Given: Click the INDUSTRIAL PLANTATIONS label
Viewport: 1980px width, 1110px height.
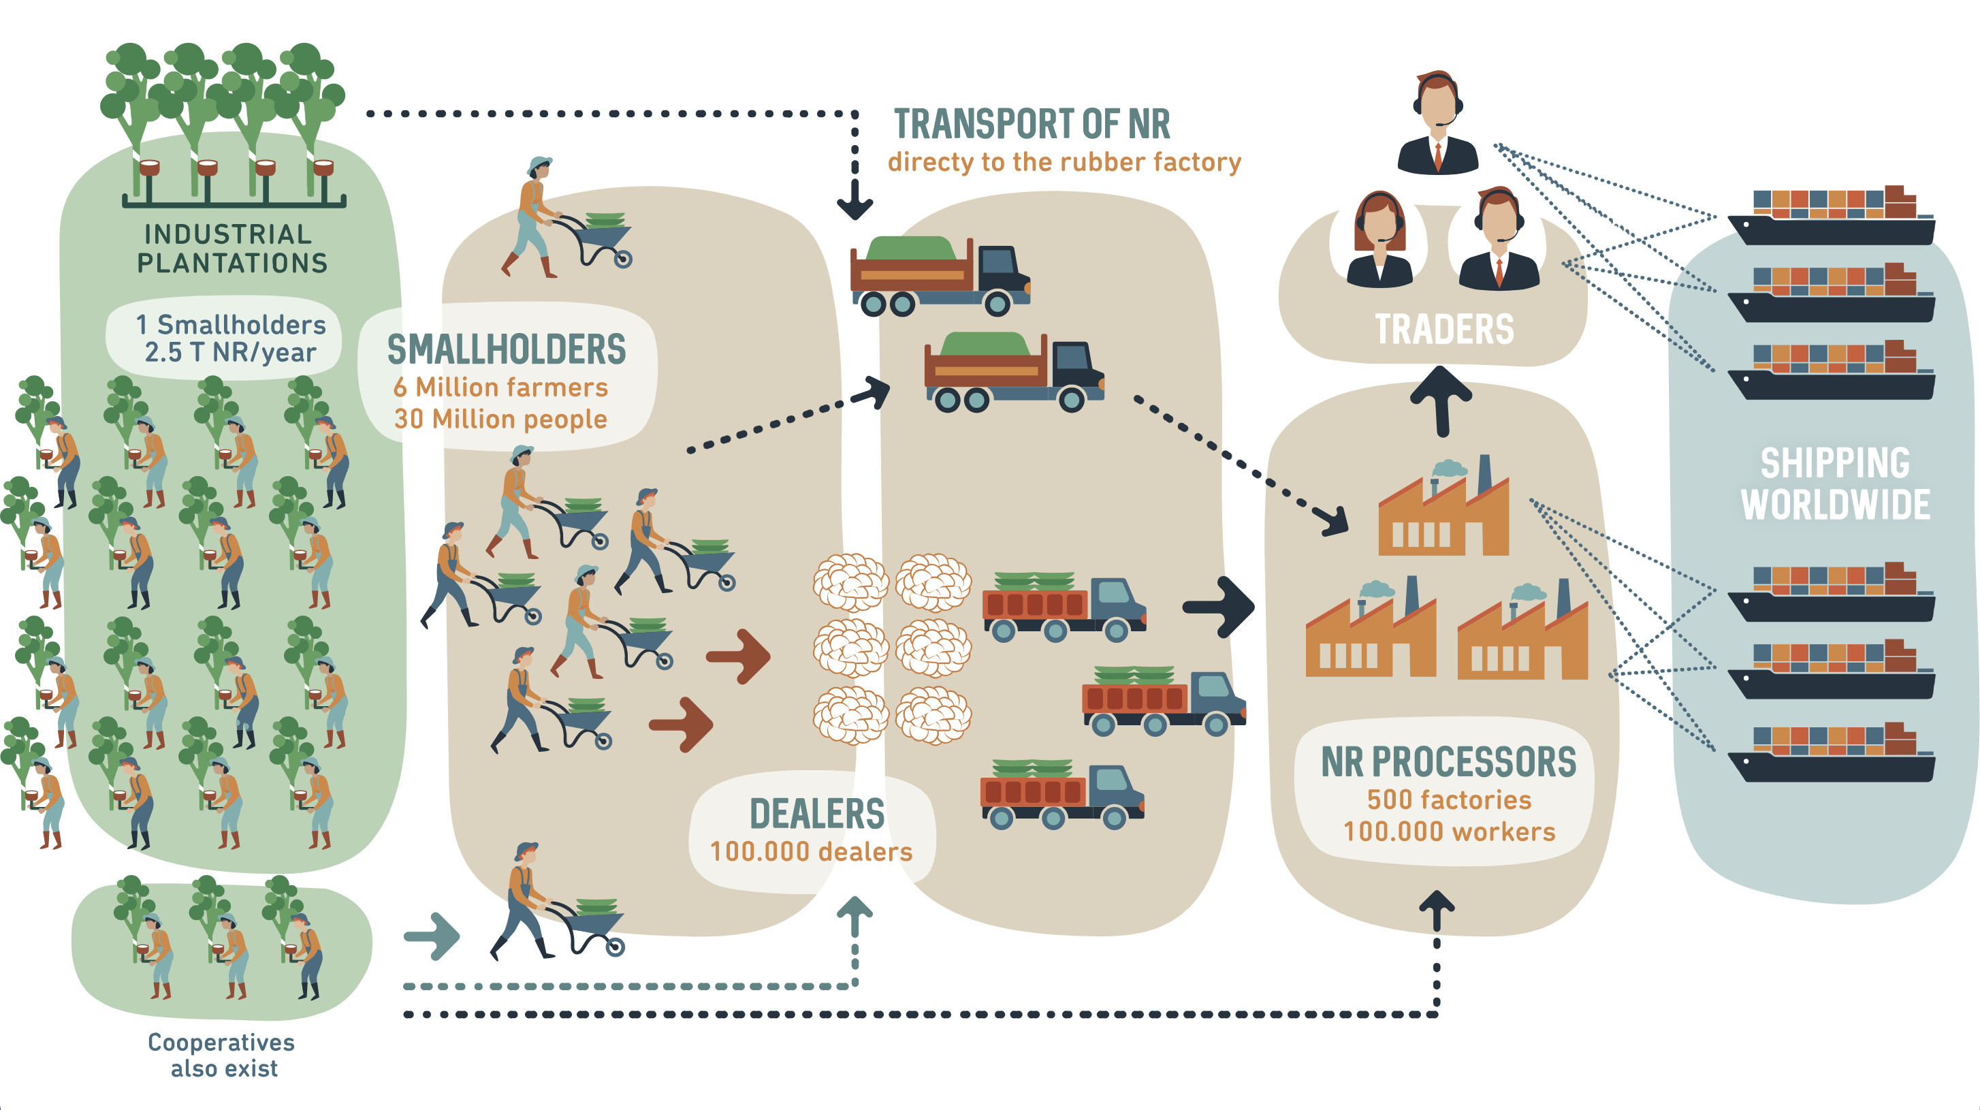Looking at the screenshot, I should tap(232, 249).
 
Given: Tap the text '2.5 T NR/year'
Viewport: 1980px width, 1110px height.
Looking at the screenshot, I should tap(230, 352).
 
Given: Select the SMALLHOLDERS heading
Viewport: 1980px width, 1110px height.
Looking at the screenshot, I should tap(507, 350).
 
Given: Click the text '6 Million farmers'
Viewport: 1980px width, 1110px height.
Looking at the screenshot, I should tap(500, 387).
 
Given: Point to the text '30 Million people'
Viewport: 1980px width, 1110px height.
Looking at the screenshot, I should tap(500, 419).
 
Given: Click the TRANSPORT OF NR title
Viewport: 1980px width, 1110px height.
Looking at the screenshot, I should tap(1032, 125).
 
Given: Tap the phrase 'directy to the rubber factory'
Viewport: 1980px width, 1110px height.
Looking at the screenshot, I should tap(1064, 162).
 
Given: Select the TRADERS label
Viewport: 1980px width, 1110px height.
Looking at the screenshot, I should tap(1443, 329).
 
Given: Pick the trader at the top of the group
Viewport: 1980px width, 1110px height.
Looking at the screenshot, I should tap(1437, 123).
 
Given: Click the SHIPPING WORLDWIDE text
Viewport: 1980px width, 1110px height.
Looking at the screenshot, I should tap(1835, 484).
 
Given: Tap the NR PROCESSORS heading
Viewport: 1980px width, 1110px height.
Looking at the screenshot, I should tap(1448, 762).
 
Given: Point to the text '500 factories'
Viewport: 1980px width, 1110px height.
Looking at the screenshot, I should tap(1449, 799).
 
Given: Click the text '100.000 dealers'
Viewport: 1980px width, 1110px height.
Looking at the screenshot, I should tap(811, 852).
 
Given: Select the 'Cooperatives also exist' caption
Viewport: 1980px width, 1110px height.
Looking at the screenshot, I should tap(222, 1055).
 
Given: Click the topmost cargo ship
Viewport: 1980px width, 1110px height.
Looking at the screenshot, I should tap(1831, 217).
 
